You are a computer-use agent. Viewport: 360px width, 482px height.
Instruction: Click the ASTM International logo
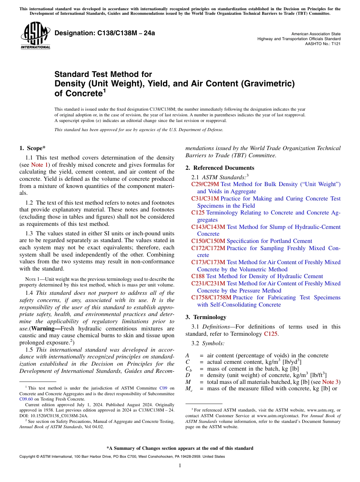point(35,36)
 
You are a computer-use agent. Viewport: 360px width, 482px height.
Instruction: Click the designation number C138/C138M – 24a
point(105,33)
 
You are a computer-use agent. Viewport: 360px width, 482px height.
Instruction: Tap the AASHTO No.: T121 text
point(323,44)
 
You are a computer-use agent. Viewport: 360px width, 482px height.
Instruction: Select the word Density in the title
point(70,83)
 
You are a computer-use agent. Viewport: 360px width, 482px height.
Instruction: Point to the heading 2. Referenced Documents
point(220,168)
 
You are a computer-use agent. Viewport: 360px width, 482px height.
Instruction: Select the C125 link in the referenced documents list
point(198,213)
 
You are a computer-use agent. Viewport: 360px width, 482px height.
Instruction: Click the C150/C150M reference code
point(208,241)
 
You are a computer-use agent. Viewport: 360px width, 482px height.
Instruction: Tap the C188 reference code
point(198,276)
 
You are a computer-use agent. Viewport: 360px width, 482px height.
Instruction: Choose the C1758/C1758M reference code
point(211,297)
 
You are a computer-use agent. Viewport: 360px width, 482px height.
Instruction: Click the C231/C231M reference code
point(208,283)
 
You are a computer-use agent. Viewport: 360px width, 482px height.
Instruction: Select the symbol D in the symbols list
point(188,375)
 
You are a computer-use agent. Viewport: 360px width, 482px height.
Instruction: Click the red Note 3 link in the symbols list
point(331,382)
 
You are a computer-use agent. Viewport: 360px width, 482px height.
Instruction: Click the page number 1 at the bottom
point(180,466)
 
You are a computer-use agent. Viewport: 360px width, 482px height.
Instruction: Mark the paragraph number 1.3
point(29,233)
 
